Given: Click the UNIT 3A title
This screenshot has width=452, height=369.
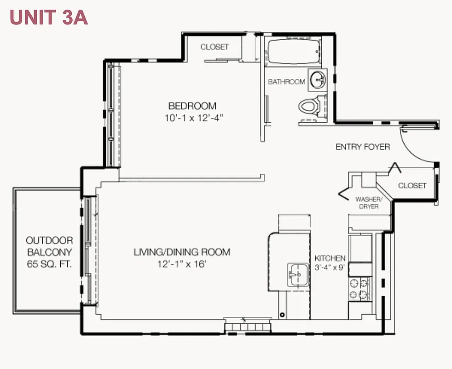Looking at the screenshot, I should click(48, 17).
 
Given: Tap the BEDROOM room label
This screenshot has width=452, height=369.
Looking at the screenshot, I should click(192, 106).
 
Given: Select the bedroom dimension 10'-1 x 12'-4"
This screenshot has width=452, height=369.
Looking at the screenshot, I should click(194, 118).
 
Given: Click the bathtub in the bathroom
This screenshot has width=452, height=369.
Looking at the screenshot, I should click(294, 52).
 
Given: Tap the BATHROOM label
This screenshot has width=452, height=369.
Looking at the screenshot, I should click(286, 82).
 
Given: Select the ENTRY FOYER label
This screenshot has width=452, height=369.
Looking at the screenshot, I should click(363, 147).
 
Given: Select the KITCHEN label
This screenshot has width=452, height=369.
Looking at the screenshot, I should click(330, 258).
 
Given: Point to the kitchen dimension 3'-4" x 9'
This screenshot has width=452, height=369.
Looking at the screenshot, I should click(330, 268).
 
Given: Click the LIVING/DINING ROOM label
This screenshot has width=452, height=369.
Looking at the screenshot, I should click(182, 252).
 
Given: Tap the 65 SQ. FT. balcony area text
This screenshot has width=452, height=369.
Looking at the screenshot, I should click(49, 264).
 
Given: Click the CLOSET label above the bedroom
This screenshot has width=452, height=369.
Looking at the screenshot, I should click(214, 47).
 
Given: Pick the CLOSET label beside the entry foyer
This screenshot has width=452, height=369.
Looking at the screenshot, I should click(412, 185).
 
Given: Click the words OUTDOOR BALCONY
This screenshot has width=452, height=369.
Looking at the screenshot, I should click(49, 246).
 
